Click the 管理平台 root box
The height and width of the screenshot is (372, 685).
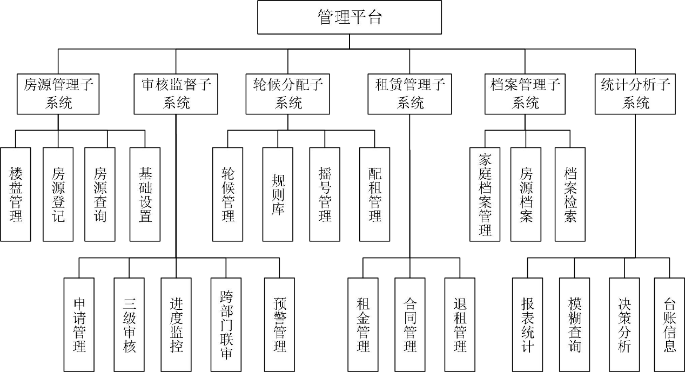(x=350, y=17)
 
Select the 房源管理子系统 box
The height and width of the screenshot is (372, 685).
(x=58, y=93)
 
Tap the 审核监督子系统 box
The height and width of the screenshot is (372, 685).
(x=176, y=93)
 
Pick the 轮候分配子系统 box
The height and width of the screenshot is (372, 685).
(x=288, y=93)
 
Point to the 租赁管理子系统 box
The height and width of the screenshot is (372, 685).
(x=410, y=93)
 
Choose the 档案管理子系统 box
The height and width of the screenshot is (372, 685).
(x=525, y=93)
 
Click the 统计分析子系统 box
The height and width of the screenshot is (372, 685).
(x=635, y=93)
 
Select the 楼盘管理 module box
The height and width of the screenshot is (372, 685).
(x=16, y=194)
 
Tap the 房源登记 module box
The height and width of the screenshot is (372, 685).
(x=58, y=194)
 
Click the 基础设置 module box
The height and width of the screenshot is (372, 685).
(x=145, y=194)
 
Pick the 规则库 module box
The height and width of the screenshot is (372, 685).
(x=278, y=194)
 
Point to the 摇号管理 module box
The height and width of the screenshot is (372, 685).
(x=325, y=194)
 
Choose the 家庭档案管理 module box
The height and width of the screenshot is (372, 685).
(x=485, y=194)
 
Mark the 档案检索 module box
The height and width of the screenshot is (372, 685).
(x=570, y=194)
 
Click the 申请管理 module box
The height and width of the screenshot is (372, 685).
(x=79, y=324)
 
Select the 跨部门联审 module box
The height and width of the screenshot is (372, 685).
(x=226, y=324)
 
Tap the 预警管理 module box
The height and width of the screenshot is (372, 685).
(x=279, y=324)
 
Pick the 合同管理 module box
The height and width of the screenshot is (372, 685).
(x=410, y=324)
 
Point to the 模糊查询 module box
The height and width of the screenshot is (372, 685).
(x=574, y=324)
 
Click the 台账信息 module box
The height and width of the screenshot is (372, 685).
(x=669, y=324)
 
